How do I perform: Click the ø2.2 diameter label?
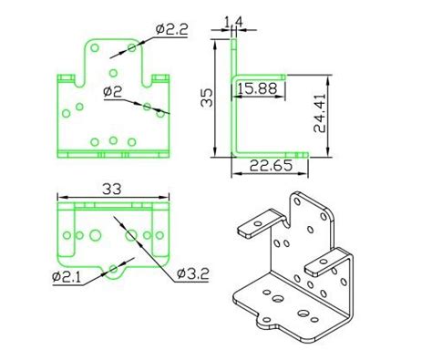pos(170,29)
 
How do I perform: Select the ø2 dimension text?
pos(113,90)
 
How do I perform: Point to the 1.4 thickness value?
pos(232,20)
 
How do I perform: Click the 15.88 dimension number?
pos(256,87)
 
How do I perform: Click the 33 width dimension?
pos(112,190)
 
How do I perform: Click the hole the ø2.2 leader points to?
pos(133,46)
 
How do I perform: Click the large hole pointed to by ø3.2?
pos(132,236)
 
